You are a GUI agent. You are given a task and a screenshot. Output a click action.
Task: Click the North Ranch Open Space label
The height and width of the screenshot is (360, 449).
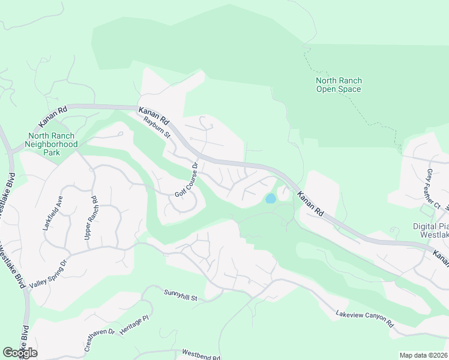[339, 85]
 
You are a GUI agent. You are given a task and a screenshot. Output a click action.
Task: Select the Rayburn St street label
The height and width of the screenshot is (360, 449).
[156, 127]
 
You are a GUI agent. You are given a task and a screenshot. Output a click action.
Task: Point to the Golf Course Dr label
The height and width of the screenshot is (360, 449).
[186, 179]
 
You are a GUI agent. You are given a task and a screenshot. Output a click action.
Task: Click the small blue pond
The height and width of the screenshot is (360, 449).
[271, 198]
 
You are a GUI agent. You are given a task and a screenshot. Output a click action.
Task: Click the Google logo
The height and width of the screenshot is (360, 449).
[20, 352]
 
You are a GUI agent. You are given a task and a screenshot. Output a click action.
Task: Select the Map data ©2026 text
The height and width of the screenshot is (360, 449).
[423, 355]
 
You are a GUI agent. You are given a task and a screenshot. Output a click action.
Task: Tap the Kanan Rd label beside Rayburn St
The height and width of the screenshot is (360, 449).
[153, 113]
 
